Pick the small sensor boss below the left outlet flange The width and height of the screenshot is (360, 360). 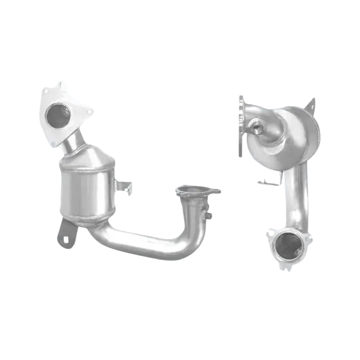click(x=210, y=214)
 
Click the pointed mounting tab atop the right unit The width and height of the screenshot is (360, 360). click(x=311, y=104)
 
